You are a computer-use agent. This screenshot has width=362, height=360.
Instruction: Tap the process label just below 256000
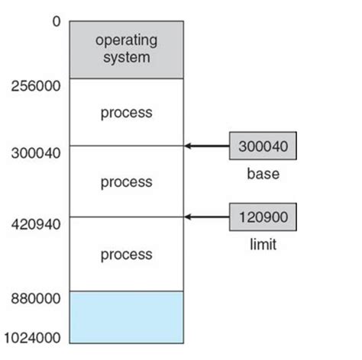click(126, 113)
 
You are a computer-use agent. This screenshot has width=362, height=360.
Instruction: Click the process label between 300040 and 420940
click(126, 182)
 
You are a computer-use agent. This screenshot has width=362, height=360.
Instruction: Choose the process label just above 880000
click(126, 255)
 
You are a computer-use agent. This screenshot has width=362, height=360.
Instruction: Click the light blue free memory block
click(126, 317)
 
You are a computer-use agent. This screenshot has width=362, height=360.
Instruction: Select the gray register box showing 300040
click(263, 146)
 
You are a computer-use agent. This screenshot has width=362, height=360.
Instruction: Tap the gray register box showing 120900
click(263, 217)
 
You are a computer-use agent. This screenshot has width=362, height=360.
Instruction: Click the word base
click(263, 174)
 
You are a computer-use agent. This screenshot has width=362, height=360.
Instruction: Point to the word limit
click(263, 245)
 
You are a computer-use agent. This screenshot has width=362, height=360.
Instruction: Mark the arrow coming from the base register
click(208, 145)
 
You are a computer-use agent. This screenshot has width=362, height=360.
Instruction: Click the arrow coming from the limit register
click(208, 217)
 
